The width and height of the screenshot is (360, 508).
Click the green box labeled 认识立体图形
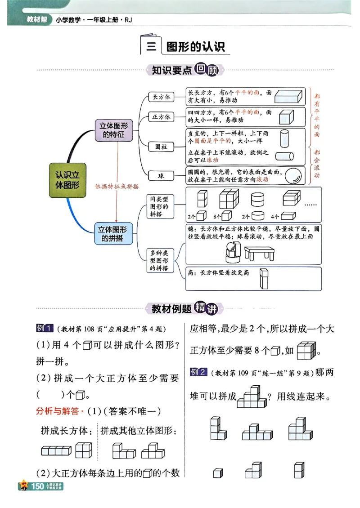click(67, 180)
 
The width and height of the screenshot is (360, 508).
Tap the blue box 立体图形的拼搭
click(114, 233)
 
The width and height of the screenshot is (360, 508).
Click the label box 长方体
click(161, 97)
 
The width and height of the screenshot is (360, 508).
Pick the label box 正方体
click(161, 117)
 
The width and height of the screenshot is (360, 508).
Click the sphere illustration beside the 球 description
click(293, 175)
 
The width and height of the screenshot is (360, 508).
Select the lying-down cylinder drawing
click(283, 156)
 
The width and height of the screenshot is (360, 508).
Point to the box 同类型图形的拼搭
click(159, 206)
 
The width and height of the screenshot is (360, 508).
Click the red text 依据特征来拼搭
click(117, 186)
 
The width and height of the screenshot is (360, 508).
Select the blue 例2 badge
click(198, 372)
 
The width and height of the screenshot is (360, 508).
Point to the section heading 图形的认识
click(195, 47)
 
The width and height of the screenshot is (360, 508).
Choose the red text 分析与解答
click(57, 410)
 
